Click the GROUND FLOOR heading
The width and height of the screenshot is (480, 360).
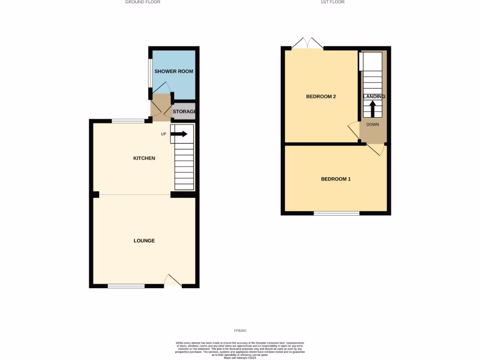(x=142, y=2)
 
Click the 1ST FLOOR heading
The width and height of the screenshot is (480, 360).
(x=332, y=2)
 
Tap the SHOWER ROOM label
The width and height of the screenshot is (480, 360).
(x=174, y=71)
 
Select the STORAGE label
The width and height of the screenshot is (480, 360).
(x=184, y=112)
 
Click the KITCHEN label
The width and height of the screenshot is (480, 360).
(x=144, y=158)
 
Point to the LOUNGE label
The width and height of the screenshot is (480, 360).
(x=144, y=241)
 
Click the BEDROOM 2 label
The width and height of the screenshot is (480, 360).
(x=321, y=97)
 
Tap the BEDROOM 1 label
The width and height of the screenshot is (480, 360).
(x=336, y=179)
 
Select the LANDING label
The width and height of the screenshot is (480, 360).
(x=374, y=97)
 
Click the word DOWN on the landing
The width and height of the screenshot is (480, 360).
(x=373, y=125)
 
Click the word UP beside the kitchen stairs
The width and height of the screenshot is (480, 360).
(x=164, y=134)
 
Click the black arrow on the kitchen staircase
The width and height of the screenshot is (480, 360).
(x=179, y=134)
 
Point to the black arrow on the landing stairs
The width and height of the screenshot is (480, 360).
(x=373, y=110)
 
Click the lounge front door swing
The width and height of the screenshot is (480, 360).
(x=173, y=280)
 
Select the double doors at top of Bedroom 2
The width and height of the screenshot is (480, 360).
(x=307, y=44)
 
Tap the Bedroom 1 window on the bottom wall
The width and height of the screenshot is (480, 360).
(x=336, y=213)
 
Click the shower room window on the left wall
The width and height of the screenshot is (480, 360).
(x=150, y=73)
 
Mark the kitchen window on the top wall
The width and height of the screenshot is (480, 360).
(x=128, y=121)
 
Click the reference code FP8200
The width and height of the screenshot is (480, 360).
(x=240, y=331)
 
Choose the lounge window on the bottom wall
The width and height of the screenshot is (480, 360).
(x=126, y=286)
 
